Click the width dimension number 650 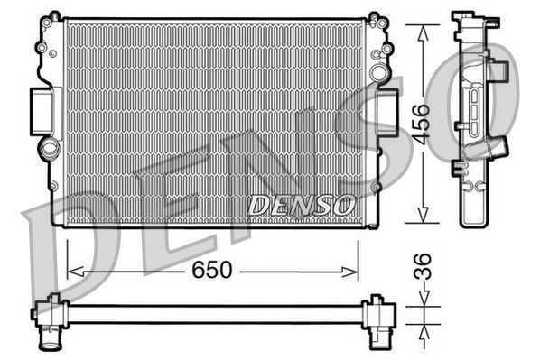213,270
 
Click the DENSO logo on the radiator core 302,206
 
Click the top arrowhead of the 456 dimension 421,28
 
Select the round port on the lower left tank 47,147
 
